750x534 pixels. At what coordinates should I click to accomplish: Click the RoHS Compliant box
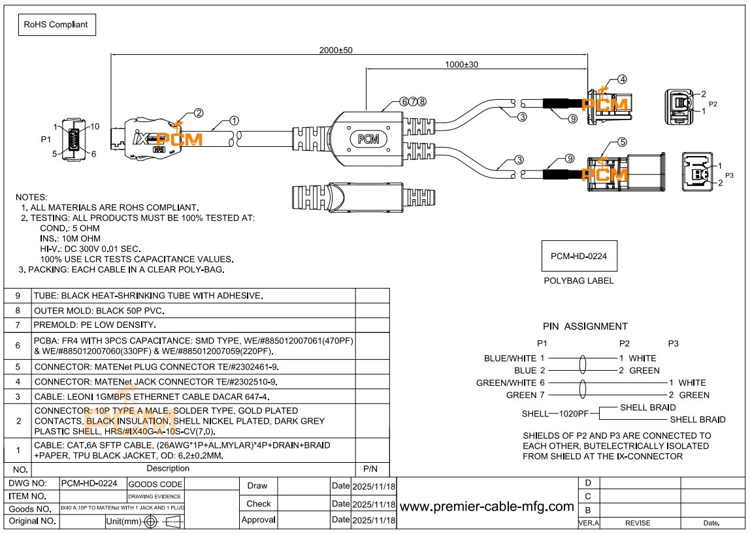pyautogui.click(x=57, y=25)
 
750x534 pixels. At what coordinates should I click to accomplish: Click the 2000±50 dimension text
pyautogui.click(x=336, y=50)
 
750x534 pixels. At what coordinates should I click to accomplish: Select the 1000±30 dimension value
pyautogui.click(x=462, y=64)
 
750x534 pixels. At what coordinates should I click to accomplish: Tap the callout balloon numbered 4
pyautogui.click(x=622, y=80)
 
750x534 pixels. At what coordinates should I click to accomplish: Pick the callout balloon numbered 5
pyautogui.click(x=622, y=142)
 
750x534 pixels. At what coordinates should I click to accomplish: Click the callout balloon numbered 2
pyautogui.click(x=198, y=112)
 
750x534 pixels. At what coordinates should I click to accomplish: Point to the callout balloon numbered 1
pyautogui.click(x=234, y=121)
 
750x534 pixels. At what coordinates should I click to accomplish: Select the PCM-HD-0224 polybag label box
pyautogui.click(x=579, y=256)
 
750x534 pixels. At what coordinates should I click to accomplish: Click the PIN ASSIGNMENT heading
pyautogui.click(x=585, y=326)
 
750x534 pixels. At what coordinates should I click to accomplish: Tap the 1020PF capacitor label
pyautogui.click(x=574, y=413)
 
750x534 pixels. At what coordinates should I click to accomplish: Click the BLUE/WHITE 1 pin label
pyautogui.click(x=514, y=358)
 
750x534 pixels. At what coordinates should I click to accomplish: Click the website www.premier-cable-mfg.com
pyautogui.click(x=487, y=507)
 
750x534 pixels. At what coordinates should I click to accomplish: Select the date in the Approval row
pyautogui.click(x=373, y=520)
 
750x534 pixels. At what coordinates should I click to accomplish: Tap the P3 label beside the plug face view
pyautogui.click(x=729, y=175)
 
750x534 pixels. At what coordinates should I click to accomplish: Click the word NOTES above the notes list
pyautogui.click(x=31, y=196)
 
